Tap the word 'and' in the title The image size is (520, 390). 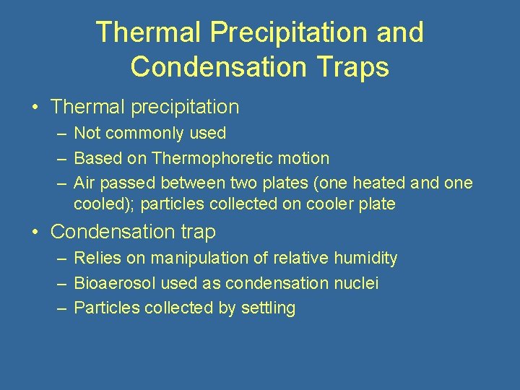click(400, 32)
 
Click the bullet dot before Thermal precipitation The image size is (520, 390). click(35, 108)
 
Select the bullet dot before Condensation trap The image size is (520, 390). click(35, 233)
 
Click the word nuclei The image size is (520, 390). click(355, 283)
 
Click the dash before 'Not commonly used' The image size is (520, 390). click(58, 134)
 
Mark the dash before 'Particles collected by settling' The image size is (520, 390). click(58, 308)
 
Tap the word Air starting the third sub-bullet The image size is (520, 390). click(84, 183)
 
